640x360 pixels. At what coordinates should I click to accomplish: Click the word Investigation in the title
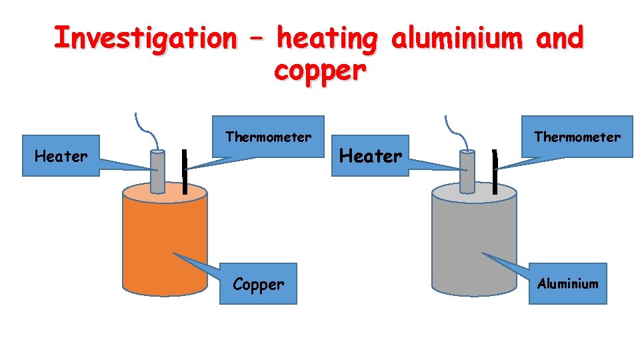click(x=145, y=38)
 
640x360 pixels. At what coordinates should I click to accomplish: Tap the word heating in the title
click(x=327, y=38)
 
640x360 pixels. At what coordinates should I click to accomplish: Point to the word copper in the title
click(x=319, y=70)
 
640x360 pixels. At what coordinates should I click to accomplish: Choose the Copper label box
click(x=259, y=285)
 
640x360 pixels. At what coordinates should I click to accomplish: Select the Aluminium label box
click(x=568, y=284)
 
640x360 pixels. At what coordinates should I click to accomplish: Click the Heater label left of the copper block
click(x=61, y=157)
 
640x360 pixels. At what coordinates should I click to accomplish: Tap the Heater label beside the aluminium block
click(x=371, y=156)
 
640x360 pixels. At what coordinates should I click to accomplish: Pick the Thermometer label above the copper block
click(x=268, y=137)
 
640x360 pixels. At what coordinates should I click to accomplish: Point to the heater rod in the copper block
click(x=157, y=172)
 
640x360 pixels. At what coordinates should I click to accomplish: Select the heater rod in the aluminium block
click(x=467, y=172)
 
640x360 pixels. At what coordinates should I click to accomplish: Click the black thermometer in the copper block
click(x=185, y=173)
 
